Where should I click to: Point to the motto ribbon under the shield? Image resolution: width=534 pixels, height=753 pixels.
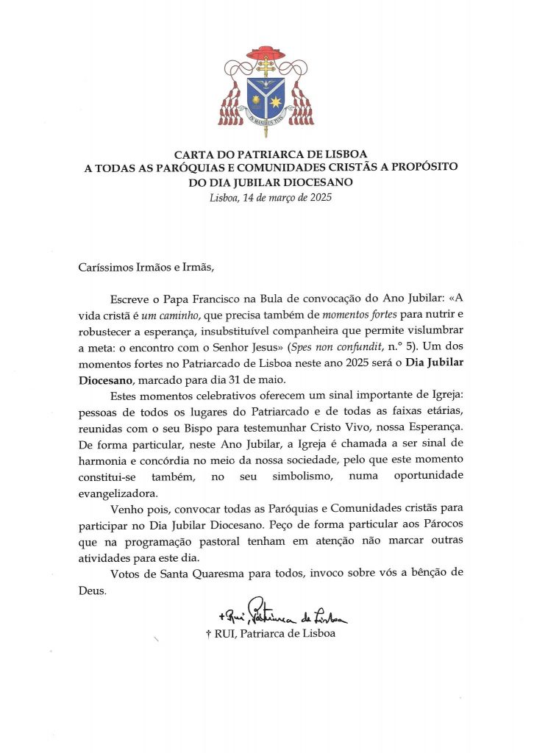coord(266,124)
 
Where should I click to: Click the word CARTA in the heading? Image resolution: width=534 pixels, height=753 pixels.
coord(193,154)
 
